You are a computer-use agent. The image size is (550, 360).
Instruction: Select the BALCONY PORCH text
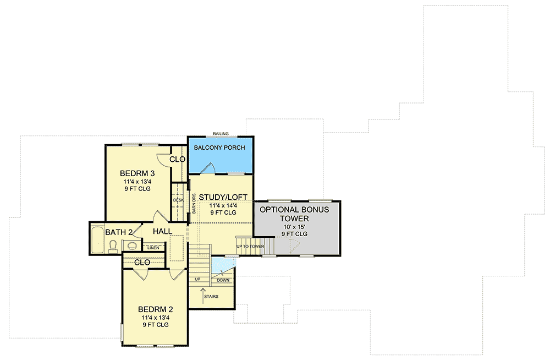220,149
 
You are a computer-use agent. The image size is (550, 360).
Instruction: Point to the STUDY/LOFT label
223,197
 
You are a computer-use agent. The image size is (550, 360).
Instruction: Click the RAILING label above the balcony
221,133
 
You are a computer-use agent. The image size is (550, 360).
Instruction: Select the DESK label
178,200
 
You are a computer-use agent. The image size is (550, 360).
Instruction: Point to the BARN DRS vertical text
194,203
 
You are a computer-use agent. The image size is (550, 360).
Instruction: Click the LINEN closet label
153,248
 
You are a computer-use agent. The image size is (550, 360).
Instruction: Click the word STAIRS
211,297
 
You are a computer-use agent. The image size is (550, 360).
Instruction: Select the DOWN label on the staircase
223,280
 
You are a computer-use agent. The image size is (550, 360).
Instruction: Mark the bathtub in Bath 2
97,239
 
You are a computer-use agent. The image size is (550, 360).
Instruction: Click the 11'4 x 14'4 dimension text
223,205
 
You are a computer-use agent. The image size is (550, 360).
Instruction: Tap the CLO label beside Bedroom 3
177,159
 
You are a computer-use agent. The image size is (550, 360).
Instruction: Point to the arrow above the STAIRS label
202,292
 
